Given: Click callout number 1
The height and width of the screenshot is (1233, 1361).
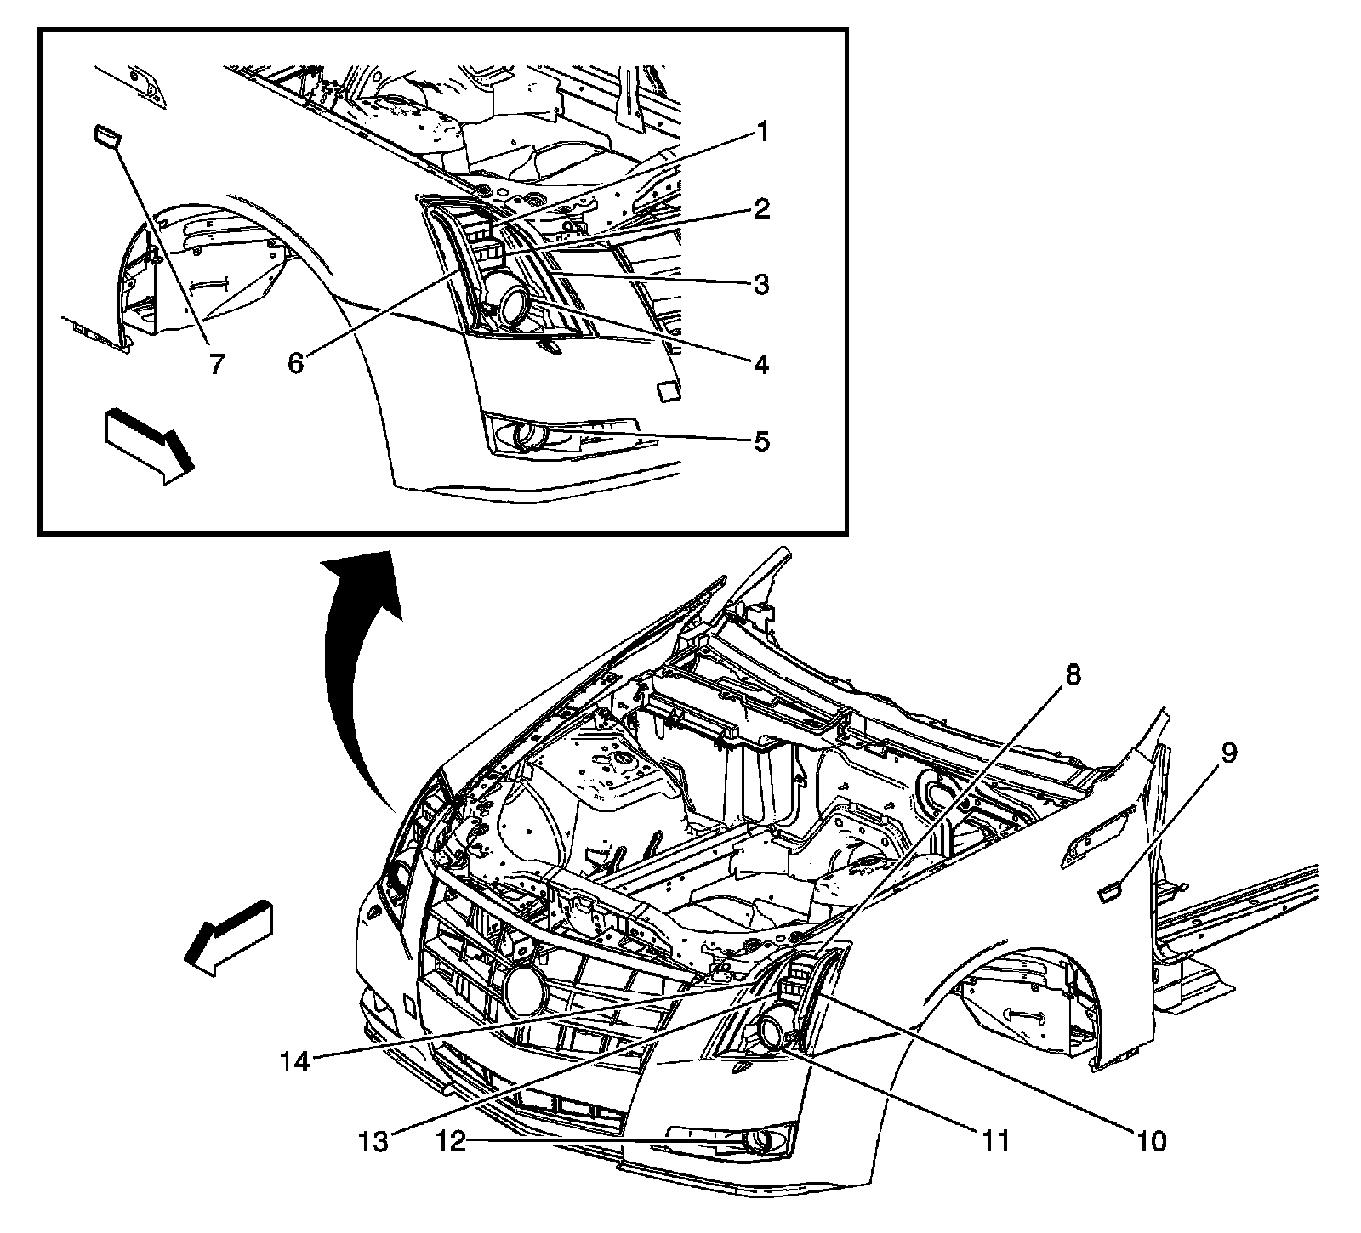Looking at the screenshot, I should point(762,133).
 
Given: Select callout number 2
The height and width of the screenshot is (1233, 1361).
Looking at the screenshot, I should point(762,207).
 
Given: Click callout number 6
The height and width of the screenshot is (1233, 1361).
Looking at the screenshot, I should point(295,363).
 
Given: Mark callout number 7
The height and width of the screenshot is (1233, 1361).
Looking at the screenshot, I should point(215,364).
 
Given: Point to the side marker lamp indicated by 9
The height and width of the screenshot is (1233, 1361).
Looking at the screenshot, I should point(1110,891).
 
